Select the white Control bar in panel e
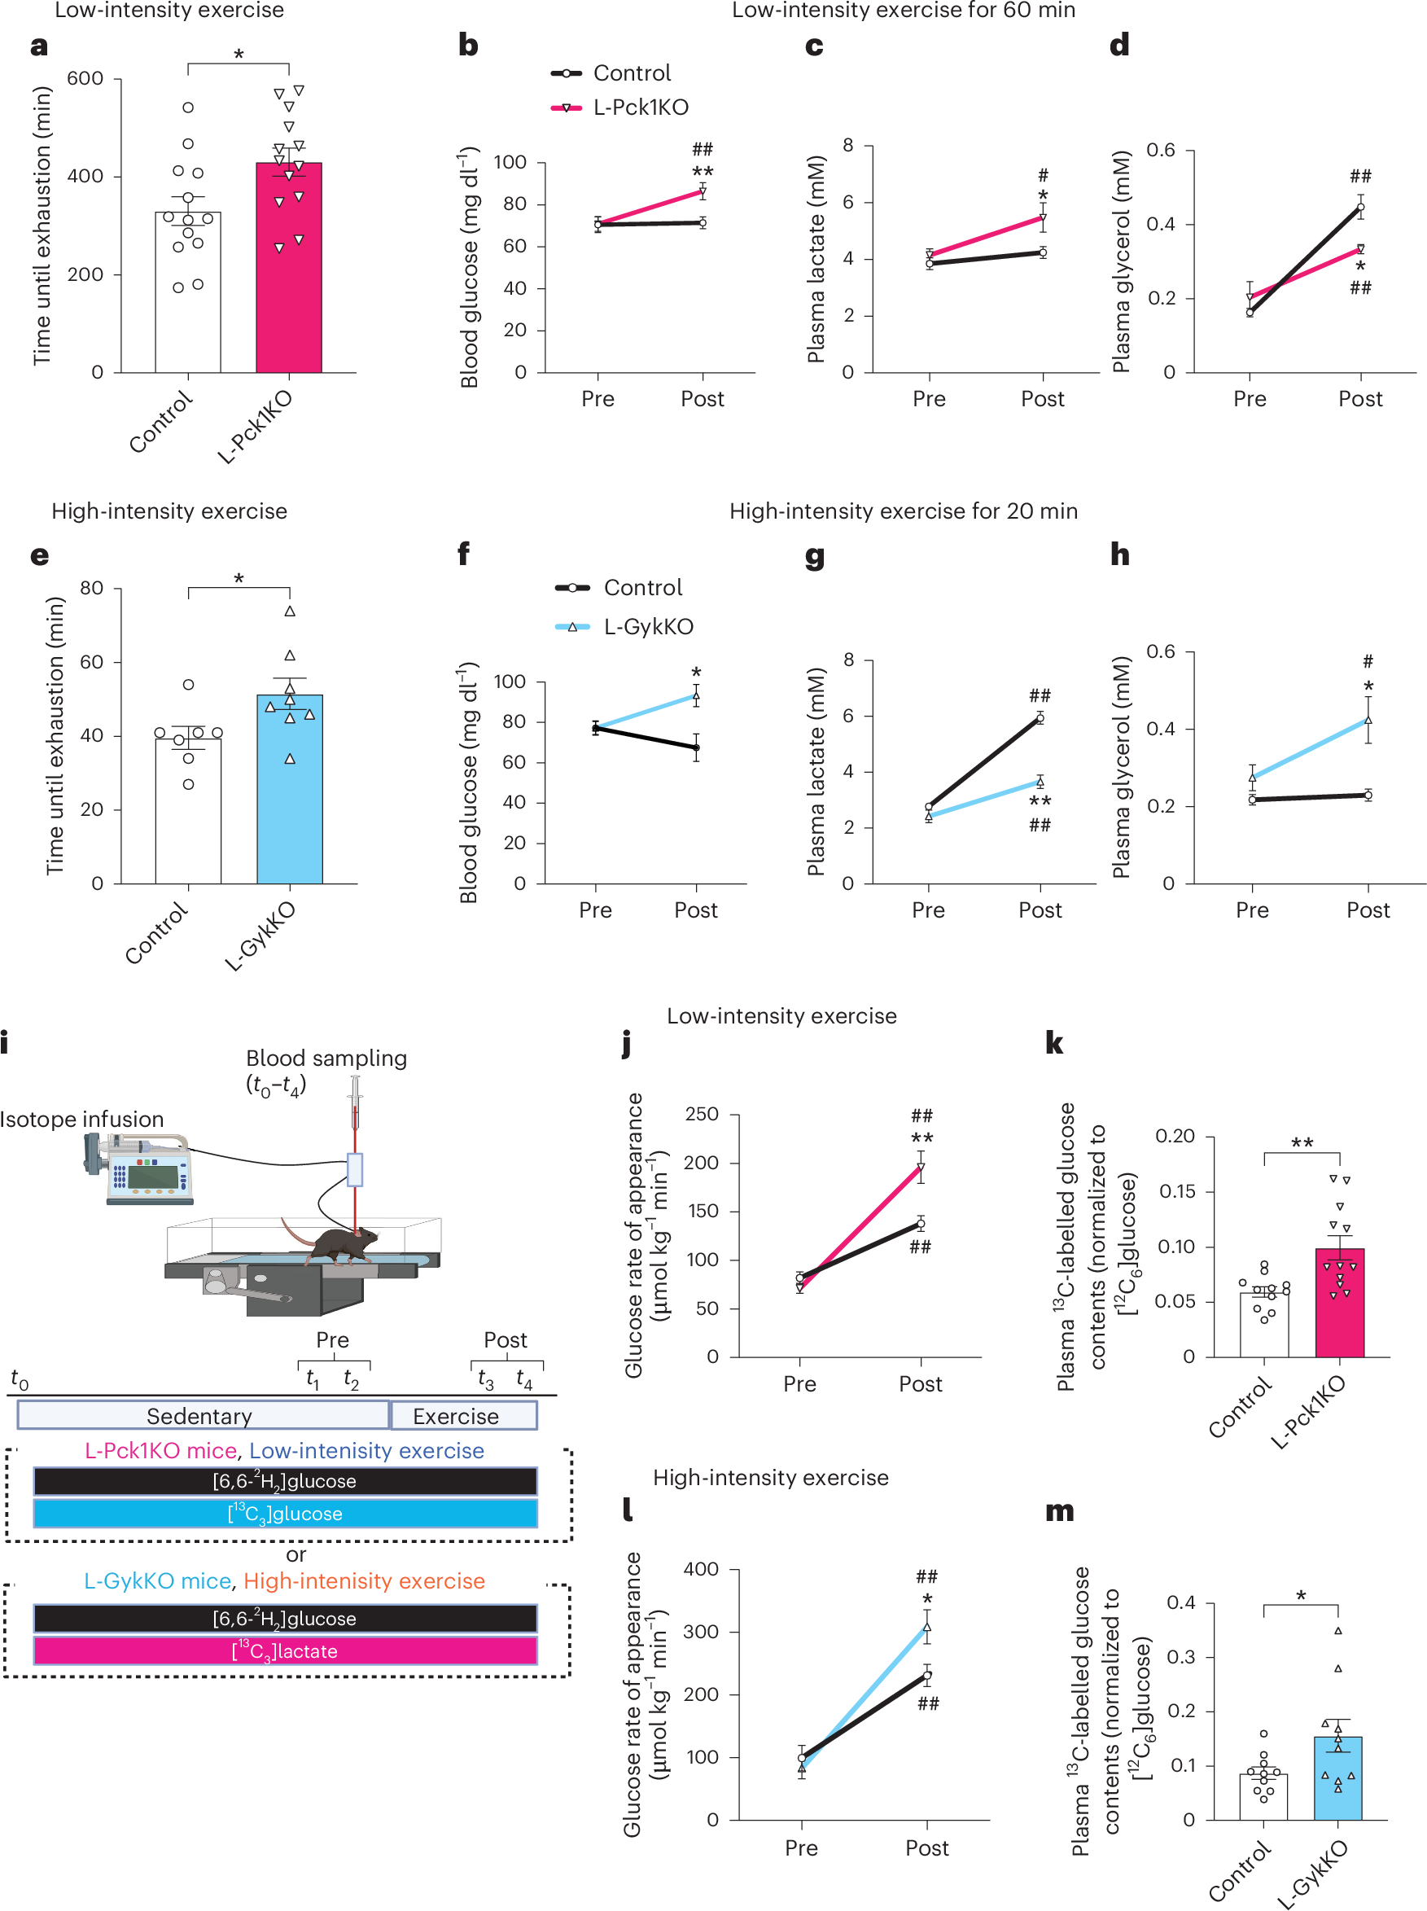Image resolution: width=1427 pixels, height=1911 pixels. [187, 821]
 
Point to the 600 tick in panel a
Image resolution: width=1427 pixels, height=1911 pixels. [85, 79]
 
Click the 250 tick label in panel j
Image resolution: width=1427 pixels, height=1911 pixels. [701, 1114]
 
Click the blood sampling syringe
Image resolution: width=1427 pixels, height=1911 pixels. [355, 1103]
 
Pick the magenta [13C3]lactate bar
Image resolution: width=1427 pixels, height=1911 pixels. [285, 1651]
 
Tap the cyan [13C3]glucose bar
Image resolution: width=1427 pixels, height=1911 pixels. [285, 1513]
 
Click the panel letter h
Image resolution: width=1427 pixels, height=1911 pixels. [1119, 554]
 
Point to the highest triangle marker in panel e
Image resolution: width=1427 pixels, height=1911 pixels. [291, 611]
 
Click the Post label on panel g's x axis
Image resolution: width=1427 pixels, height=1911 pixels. [1040, 909]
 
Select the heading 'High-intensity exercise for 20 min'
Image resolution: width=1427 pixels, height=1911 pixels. [903, 511]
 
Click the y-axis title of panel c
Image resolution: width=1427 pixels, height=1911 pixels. [816, 259]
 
